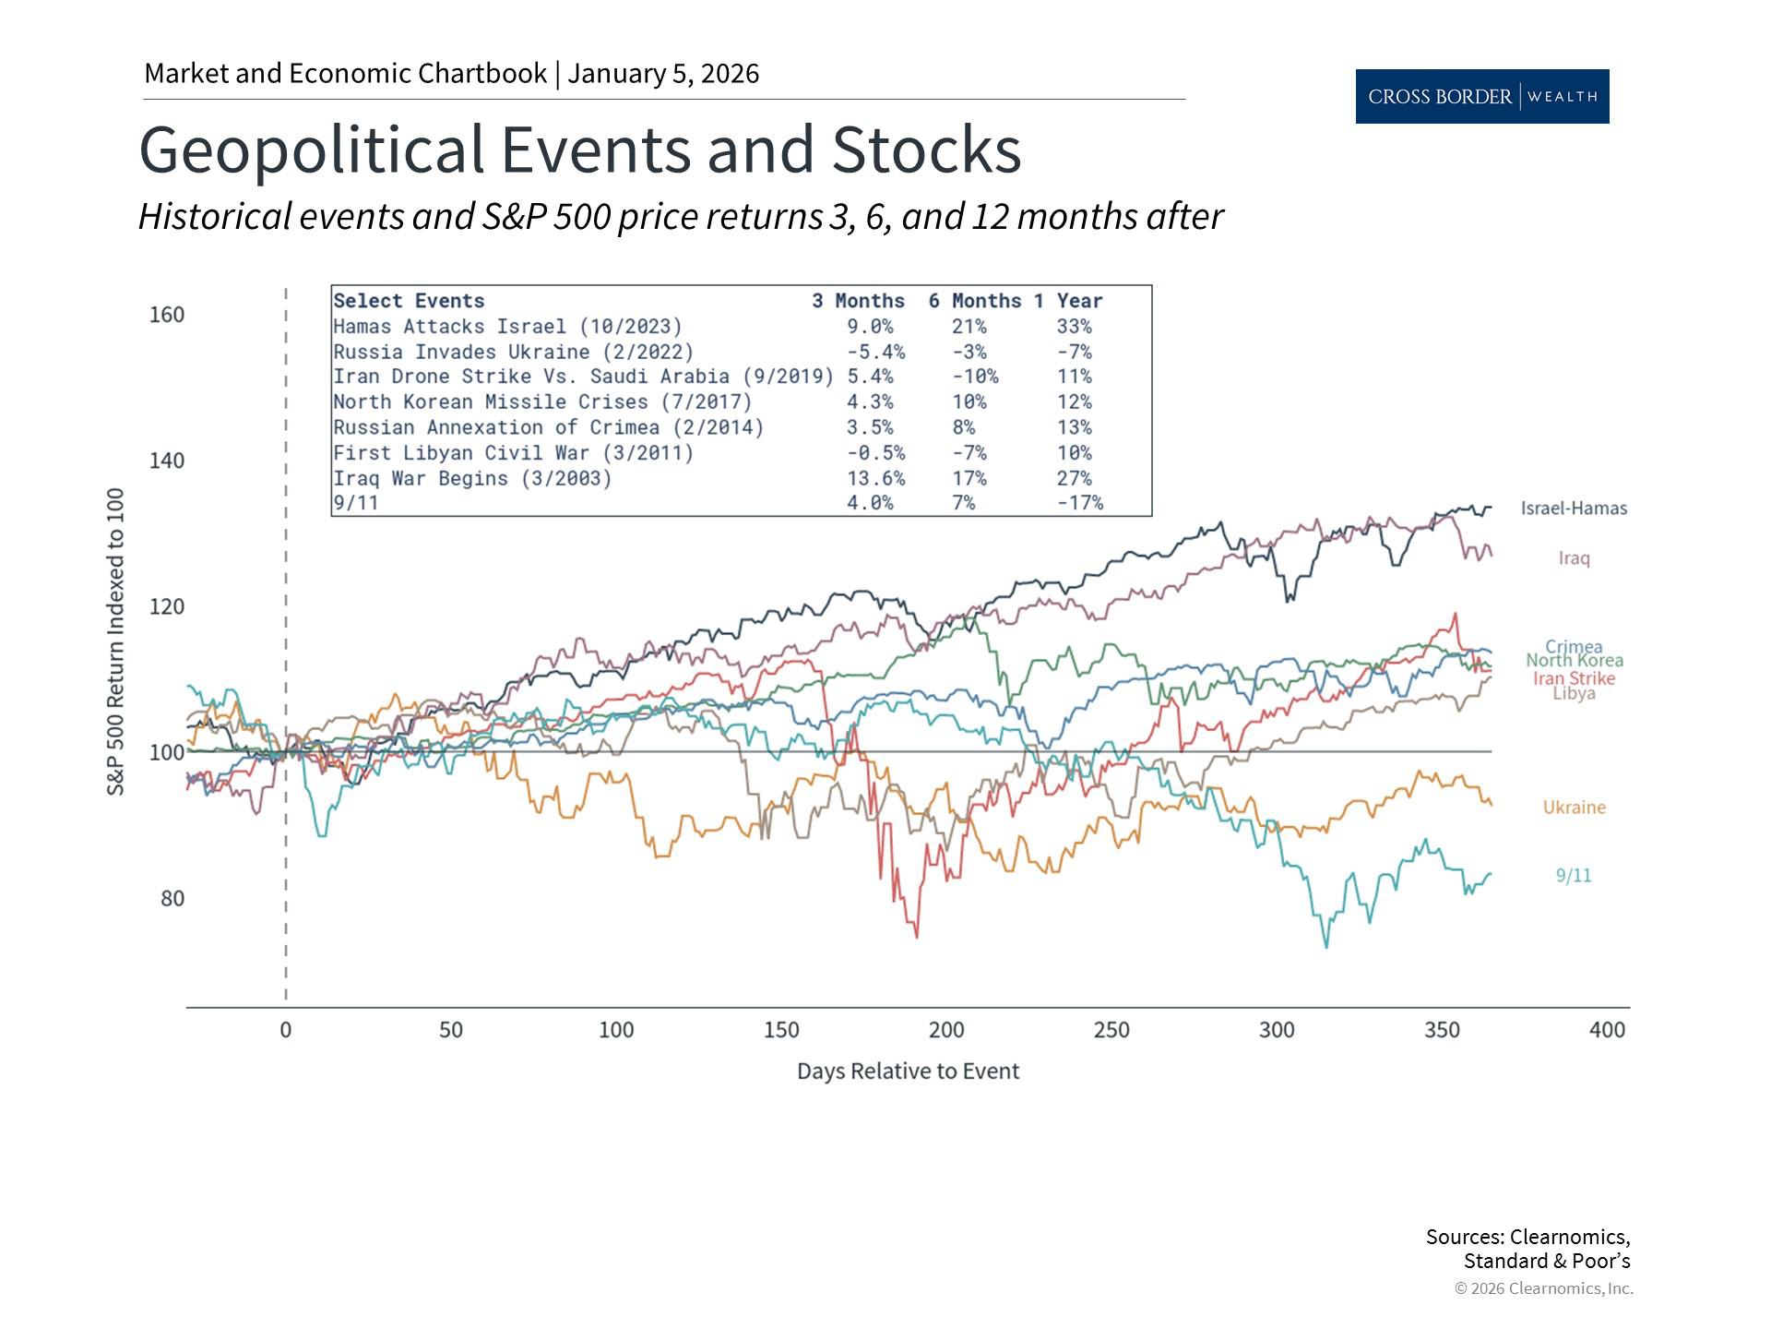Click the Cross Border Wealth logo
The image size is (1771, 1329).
click(1481, 96)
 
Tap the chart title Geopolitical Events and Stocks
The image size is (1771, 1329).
click(579, 150)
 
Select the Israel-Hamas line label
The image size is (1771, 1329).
click(1574, 509)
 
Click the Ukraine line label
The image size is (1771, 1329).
click(1574, 808)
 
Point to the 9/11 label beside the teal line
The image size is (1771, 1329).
click(1574, 876)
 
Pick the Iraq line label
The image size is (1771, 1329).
click(1574, 558)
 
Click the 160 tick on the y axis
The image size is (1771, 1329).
click(167, 315)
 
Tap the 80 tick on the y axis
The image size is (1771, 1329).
click(172, 899)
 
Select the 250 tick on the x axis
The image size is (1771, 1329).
click(1111, 1030)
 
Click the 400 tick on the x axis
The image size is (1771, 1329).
click(1607, 1030)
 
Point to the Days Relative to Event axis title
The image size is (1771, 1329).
click(908, 1072)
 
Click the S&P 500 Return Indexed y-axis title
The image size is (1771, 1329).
click(116, 642)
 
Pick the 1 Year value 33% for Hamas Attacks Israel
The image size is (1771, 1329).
click(1074, 327)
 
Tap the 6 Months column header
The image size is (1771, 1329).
click(974, 301)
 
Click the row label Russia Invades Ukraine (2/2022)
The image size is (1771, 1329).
click(513, 353)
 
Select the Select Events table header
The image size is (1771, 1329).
click(409, 301)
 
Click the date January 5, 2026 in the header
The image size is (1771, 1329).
click(663, 74)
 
